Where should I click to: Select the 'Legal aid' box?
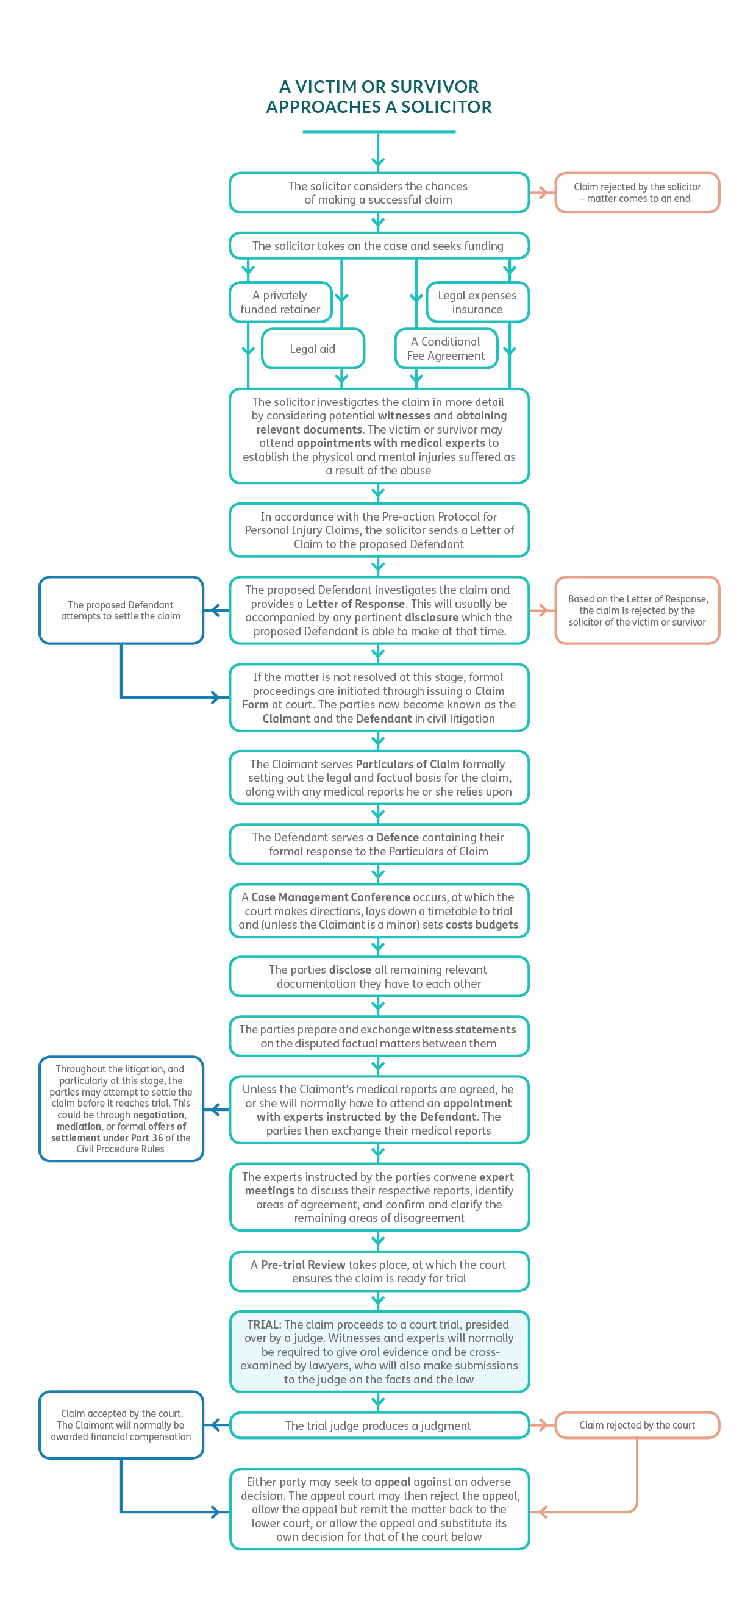313,349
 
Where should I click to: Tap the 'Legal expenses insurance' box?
477,302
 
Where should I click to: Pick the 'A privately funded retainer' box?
280,302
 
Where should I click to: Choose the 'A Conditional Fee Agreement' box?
446,349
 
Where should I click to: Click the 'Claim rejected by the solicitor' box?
637,193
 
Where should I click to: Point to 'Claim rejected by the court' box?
637,1425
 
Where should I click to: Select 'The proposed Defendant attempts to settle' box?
121,611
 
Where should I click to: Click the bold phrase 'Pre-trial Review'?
303,1265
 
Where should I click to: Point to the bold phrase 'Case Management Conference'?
330,897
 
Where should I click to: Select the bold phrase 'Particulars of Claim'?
407,764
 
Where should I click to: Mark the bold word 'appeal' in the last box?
393,1482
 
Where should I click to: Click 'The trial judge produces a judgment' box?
378,1426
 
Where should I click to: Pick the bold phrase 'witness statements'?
463,1029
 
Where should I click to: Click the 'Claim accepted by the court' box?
121,1425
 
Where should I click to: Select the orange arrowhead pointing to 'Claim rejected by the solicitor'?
542,193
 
